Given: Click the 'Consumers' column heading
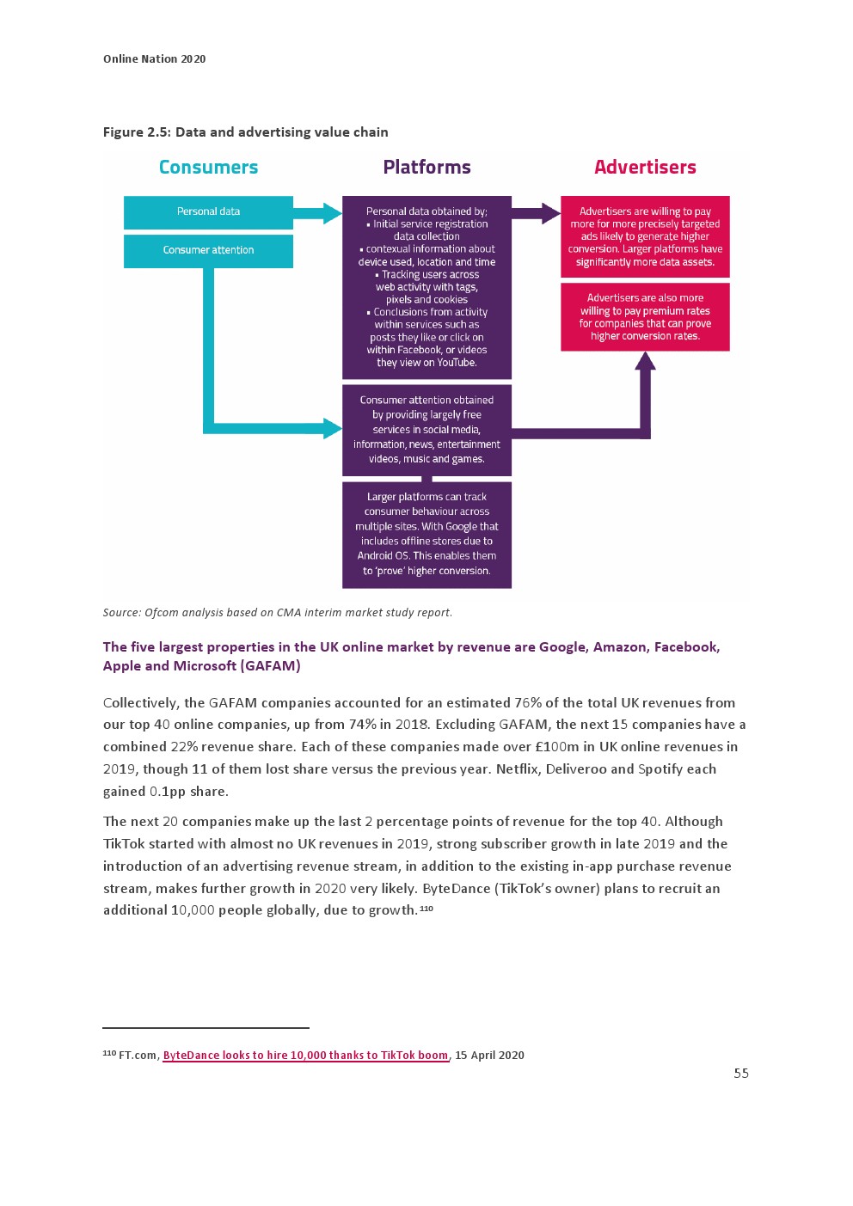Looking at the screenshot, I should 208,168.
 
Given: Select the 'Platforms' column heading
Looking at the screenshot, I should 426,168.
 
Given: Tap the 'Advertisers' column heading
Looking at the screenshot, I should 645,168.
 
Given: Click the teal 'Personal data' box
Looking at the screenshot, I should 208,211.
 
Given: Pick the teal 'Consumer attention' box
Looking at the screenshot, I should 208,250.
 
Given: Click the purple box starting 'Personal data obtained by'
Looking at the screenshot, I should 426,287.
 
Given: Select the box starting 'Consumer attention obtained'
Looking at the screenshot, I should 426,430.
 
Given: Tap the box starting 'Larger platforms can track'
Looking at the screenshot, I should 426,534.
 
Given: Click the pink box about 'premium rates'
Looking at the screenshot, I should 645,317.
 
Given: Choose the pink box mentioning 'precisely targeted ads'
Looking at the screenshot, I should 645,236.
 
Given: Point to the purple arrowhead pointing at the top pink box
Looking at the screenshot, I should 551,213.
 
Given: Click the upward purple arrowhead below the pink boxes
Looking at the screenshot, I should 645,361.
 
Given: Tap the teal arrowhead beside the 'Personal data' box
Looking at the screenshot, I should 332,213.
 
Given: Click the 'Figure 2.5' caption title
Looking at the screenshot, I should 245,132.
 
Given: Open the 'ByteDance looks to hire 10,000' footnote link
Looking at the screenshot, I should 305,1056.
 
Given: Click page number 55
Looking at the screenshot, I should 741,1074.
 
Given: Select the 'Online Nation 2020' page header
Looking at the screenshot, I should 155,59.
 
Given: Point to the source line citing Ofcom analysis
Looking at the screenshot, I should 277,613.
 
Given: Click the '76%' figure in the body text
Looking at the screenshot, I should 528,703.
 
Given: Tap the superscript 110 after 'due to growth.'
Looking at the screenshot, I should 426,909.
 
